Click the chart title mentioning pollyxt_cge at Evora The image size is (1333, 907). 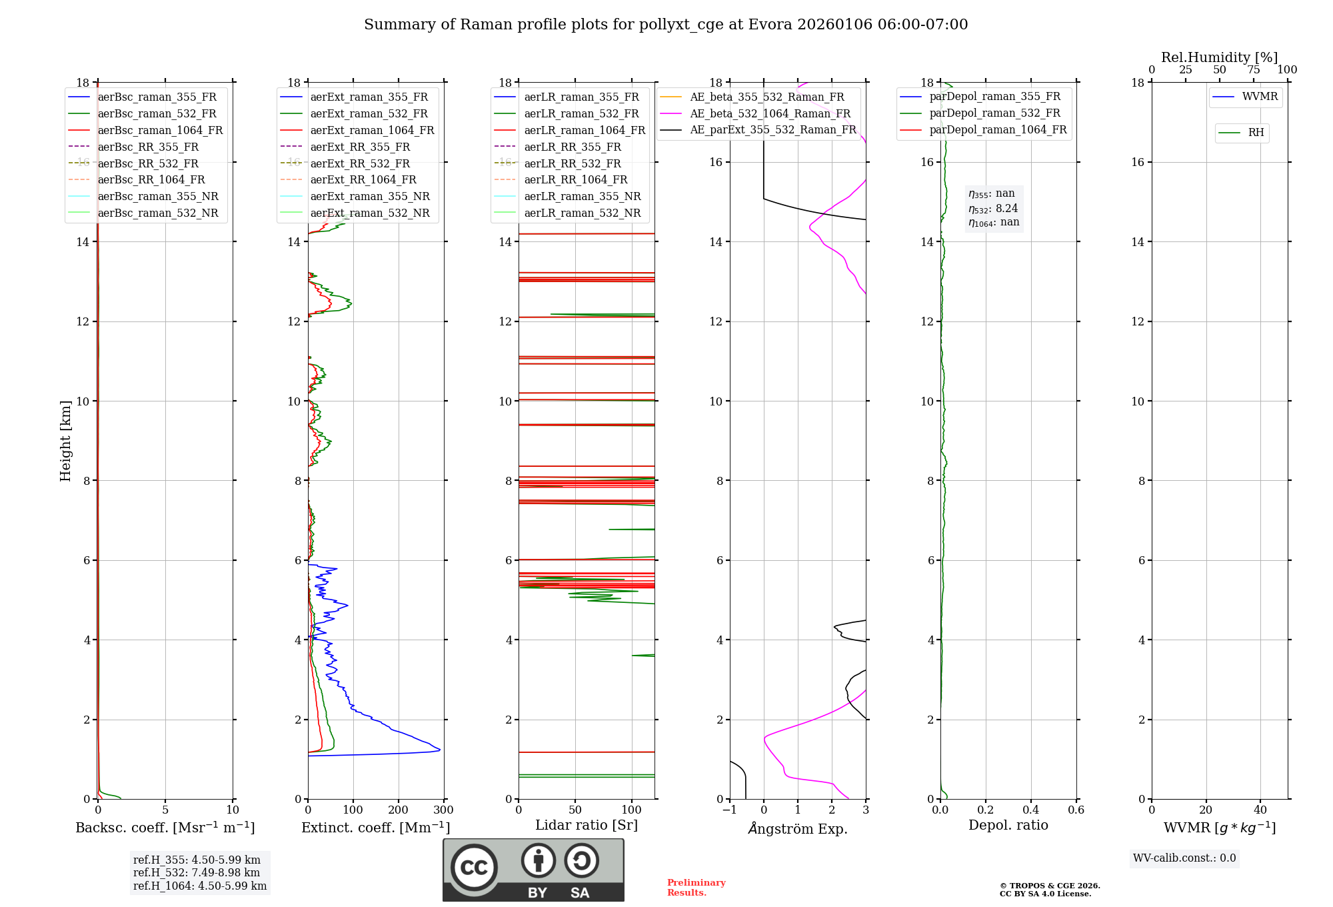click(x=665, y=25)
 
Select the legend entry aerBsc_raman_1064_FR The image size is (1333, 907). click(x=160, y=130)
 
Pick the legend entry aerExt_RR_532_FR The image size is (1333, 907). click(x=360, y=163)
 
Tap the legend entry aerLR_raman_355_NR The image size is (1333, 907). click(x=582, y=196)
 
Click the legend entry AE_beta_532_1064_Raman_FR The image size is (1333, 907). click(x=770, y=113)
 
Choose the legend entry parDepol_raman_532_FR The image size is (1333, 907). click(x=994, y=113)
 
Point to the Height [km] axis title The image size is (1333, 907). click(x=65, y=440)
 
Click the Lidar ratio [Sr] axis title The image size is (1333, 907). click(x=587, y=825)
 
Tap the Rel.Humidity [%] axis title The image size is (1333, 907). click(x=1219, y=57)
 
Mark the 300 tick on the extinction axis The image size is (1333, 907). click(x=444, y=810)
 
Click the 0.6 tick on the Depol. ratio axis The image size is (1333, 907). click(x=1076, y=810)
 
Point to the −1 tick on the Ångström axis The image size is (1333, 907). click(x=729, y=810)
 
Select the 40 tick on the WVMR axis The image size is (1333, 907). click(x=1260, y=810)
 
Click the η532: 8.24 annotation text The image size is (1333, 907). click(x=993, y=208)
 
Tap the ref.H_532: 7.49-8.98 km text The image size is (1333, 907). click(x=197, y=872)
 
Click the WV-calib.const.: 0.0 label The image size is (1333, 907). click(x=1184, y=858)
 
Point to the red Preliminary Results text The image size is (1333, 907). click(x=696, y=888)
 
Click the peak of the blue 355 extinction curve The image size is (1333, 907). click(x=439, y=750)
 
